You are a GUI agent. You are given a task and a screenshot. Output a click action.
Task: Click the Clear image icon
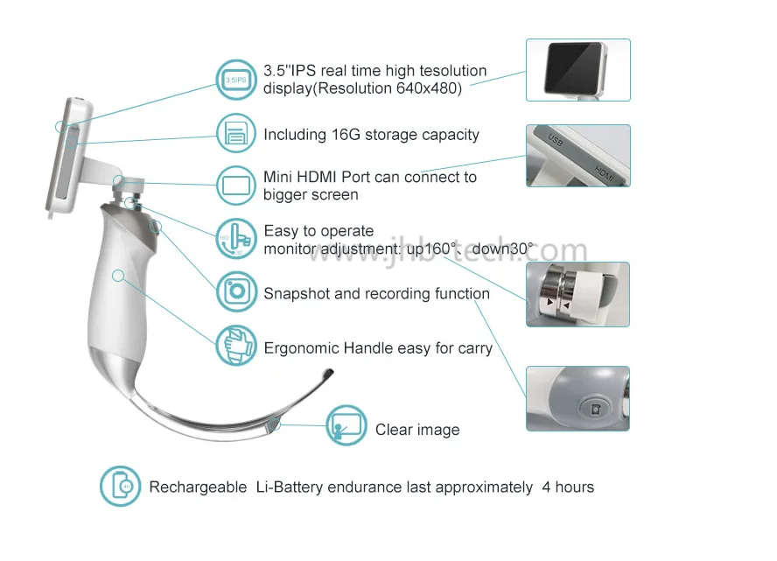pyautogui.click(x=346, y=426)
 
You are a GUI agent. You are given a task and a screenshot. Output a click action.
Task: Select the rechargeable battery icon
pyautogui.click(x=120, y=487)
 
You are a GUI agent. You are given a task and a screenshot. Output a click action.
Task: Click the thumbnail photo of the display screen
pyautogui.click(x=577, y=69)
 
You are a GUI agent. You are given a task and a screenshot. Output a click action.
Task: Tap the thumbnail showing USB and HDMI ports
pyautogui.click(x=577, y=155)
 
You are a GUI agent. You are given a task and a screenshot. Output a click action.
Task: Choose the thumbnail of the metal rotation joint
pyautogui.click(x=577, y=294)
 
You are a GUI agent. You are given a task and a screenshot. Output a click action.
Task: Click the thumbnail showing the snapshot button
pyautogui.click(x=577, y=398)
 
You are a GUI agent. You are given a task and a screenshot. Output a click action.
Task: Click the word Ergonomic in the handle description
pyautogui.click(x=301, y=348)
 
